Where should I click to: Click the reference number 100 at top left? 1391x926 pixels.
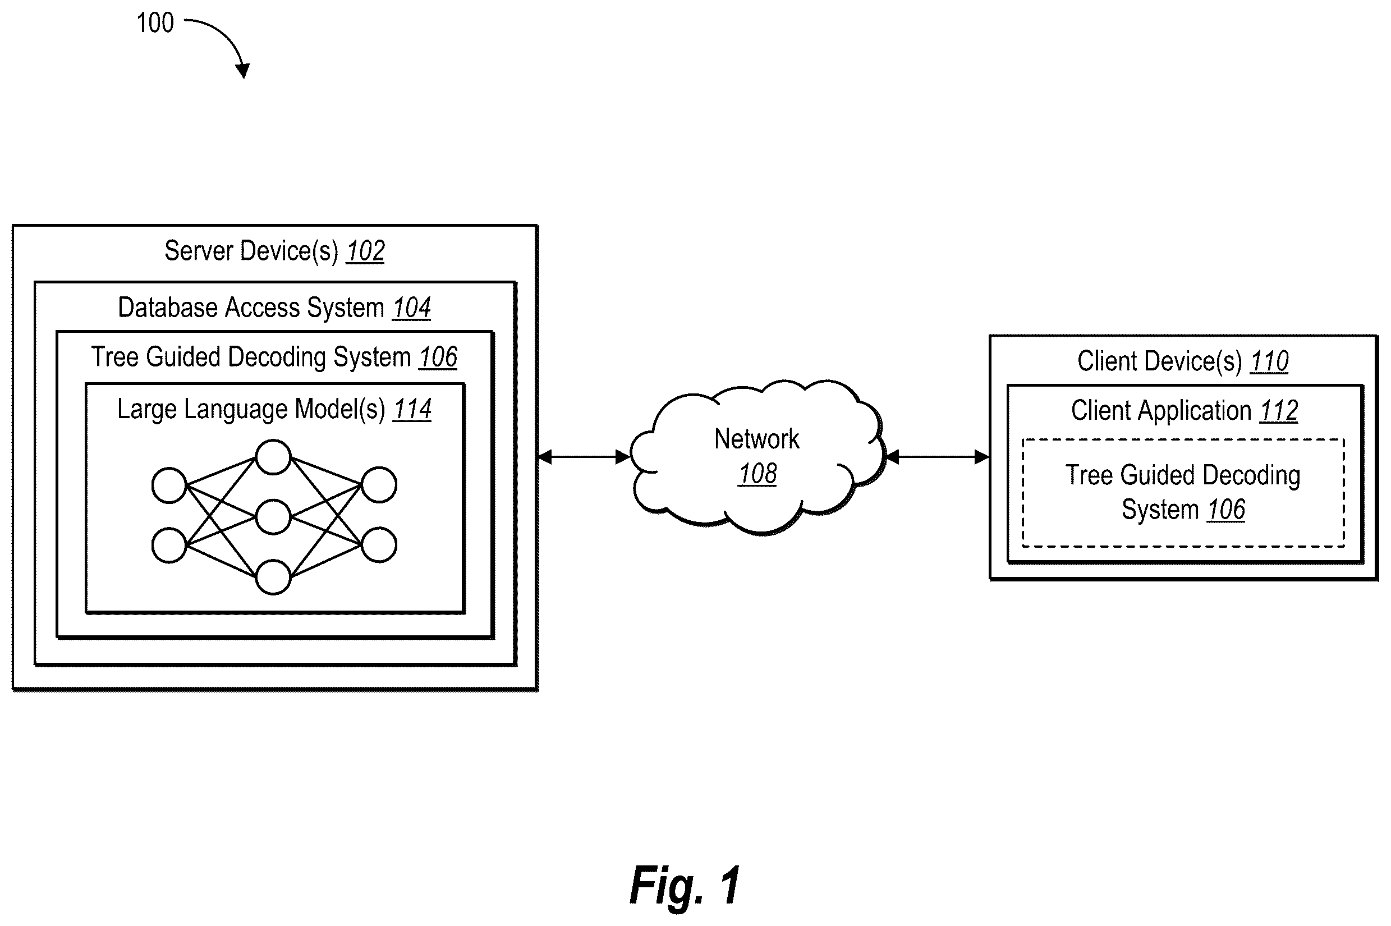[x=155, y=23]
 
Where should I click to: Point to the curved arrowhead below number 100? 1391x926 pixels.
[x=242, y=70]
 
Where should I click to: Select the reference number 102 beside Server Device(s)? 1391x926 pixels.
[x=365, y=251]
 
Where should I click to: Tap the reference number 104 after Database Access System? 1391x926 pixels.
[x=411, y=308]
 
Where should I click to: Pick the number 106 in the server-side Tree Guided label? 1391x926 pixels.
[x=438, y=357]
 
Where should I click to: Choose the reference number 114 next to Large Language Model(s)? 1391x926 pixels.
[x=412, y=409]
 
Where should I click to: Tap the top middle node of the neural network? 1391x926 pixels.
[x=273, y=456]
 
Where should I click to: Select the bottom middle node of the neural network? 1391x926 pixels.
[x=273, y=576]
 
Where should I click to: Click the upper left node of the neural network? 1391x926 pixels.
[x=169, y=485]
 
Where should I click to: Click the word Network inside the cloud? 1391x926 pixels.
[x=756, y=439]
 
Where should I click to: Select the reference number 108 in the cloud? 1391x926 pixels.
[x=758, y=474]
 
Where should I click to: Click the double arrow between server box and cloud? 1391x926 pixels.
[x=584, y=456]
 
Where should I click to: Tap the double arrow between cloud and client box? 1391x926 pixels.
[x=937, y=456]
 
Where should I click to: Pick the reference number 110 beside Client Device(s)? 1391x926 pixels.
[x=1269, y=361]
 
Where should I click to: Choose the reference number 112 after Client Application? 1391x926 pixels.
[x=1279, y=411]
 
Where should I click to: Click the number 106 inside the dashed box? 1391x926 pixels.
[x=1225, y=510]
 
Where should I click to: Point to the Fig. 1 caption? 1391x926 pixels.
[x=685, y=884]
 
